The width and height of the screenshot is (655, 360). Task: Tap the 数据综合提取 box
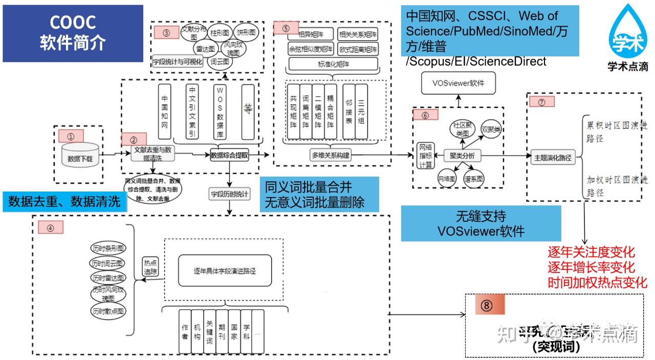[x=229, y=155]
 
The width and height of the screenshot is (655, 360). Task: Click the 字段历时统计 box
[x=230, y=194]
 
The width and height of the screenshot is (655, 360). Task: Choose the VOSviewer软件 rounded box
[x=458, y=83]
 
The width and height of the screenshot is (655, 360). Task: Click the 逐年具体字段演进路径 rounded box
[x=225, y=270]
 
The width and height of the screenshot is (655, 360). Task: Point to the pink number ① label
[x=71, y=136]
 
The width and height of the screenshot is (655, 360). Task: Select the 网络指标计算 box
[x=425, y=155]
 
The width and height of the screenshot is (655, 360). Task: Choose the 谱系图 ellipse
[x=473, y=179]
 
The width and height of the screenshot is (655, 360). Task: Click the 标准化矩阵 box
[x=333, y=64]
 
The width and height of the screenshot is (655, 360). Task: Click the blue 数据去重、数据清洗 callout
[x=64, y=201]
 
